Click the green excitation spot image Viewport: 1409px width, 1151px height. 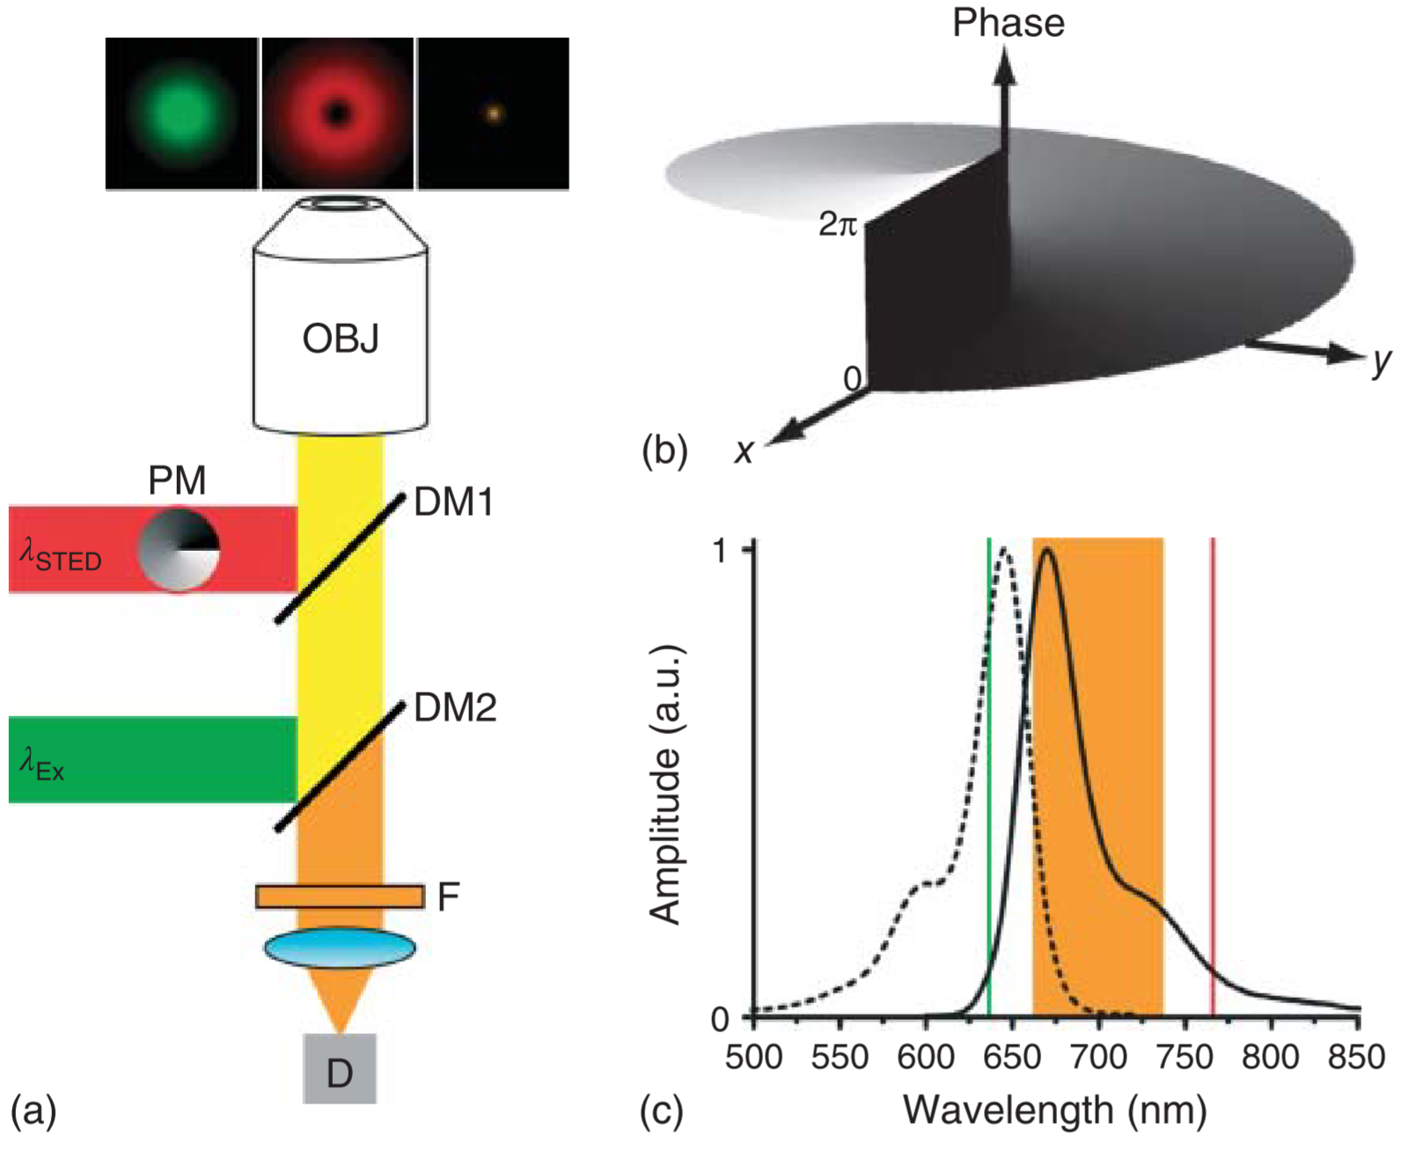click(181, 114)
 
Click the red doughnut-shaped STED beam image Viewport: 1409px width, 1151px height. click(338, 114)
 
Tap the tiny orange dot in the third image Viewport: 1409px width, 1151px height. click(494, 114)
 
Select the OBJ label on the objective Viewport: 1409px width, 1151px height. click(340, 339)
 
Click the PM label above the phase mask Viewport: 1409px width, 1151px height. click(177, 480)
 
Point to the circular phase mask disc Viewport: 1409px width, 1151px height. click(179, 549)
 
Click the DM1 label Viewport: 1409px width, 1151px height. click(453, 502)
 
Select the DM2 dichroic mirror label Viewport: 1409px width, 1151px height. click(455, 707)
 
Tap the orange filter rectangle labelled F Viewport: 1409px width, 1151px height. click(340, 896)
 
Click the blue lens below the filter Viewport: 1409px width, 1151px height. click(340, 948)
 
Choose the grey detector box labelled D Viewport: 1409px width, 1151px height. click(340, 1069)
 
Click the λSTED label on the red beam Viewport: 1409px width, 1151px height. click(61, 556)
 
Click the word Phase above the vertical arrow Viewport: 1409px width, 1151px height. click(1008, 23)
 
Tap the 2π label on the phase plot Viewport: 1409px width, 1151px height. click(837, 225)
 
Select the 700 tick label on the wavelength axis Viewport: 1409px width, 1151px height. click(1098, 1056)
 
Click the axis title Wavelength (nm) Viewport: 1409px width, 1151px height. click(1054, 1111)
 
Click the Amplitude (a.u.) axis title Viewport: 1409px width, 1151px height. click(665, 783)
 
